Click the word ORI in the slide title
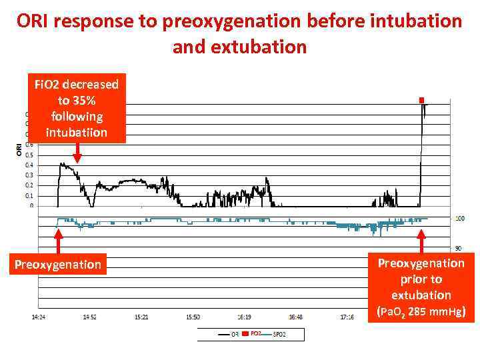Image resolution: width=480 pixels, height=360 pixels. point(37,21)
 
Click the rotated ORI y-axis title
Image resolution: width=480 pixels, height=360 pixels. point(18,149)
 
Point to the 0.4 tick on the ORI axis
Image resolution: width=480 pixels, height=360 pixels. point(28,165)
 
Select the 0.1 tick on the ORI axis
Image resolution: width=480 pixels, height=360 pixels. point(28,196)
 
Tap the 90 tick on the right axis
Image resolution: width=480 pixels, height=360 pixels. point(459,249)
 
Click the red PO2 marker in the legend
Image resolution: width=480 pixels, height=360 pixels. point(246,333)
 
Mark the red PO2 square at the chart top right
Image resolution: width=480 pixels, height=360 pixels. point(421,100)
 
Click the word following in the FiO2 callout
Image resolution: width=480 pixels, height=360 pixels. point(76,116)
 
